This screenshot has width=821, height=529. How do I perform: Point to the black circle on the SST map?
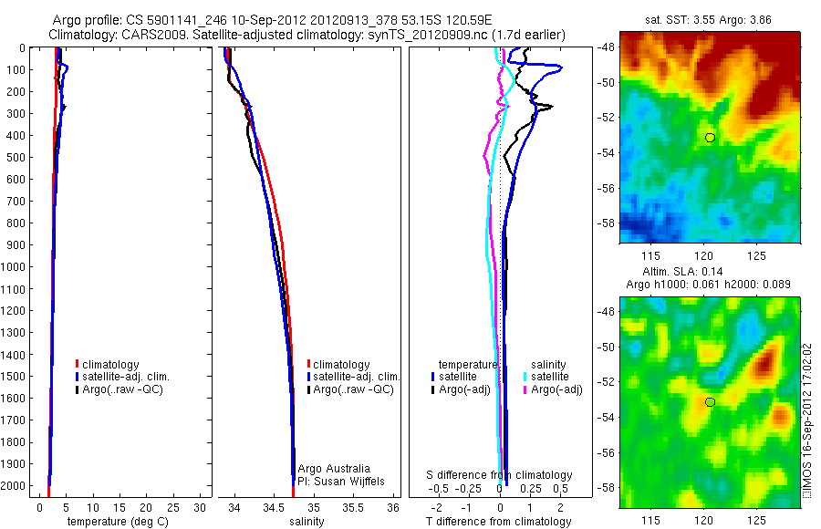tap(710, 137)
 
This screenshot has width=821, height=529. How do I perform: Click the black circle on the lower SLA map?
tap(710, 401)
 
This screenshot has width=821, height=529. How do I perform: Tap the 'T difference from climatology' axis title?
tap(501, 522)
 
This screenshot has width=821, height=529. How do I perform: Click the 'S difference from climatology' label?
tap(500, 475)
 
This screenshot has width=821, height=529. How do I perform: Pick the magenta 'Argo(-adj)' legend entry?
tap(556, 390)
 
